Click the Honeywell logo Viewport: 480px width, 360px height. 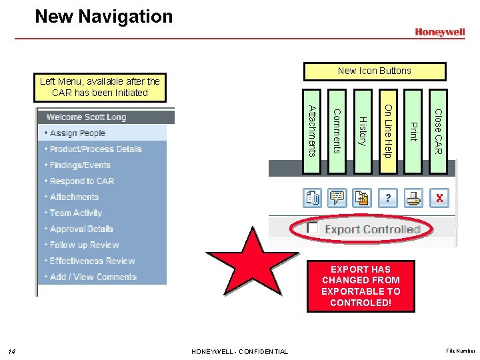point(439,31)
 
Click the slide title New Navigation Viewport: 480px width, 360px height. point(103,17)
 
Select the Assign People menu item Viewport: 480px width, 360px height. point(77,133)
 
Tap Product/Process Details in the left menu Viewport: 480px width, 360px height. point(95,149)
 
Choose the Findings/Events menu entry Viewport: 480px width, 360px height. point(80,165)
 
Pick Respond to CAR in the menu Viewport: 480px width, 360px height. point(82,181)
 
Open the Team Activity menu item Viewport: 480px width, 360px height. point(75,213)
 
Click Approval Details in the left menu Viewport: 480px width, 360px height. point(81,229)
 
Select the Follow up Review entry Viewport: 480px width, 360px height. point(84,245)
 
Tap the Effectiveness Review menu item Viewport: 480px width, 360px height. point(92,261)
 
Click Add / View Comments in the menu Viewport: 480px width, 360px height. point(93,277)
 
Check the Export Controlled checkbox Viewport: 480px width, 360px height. point(312,228)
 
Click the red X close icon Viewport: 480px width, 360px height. point(439,198)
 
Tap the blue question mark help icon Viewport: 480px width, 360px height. point(388,198)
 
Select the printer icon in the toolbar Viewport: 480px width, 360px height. point(414,198)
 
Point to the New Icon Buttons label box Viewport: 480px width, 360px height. point(374,71)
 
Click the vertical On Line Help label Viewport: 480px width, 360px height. point(388,131)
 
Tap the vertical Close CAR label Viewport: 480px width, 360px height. point(438,131)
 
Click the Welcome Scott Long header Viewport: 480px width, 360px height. point(86,117)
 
